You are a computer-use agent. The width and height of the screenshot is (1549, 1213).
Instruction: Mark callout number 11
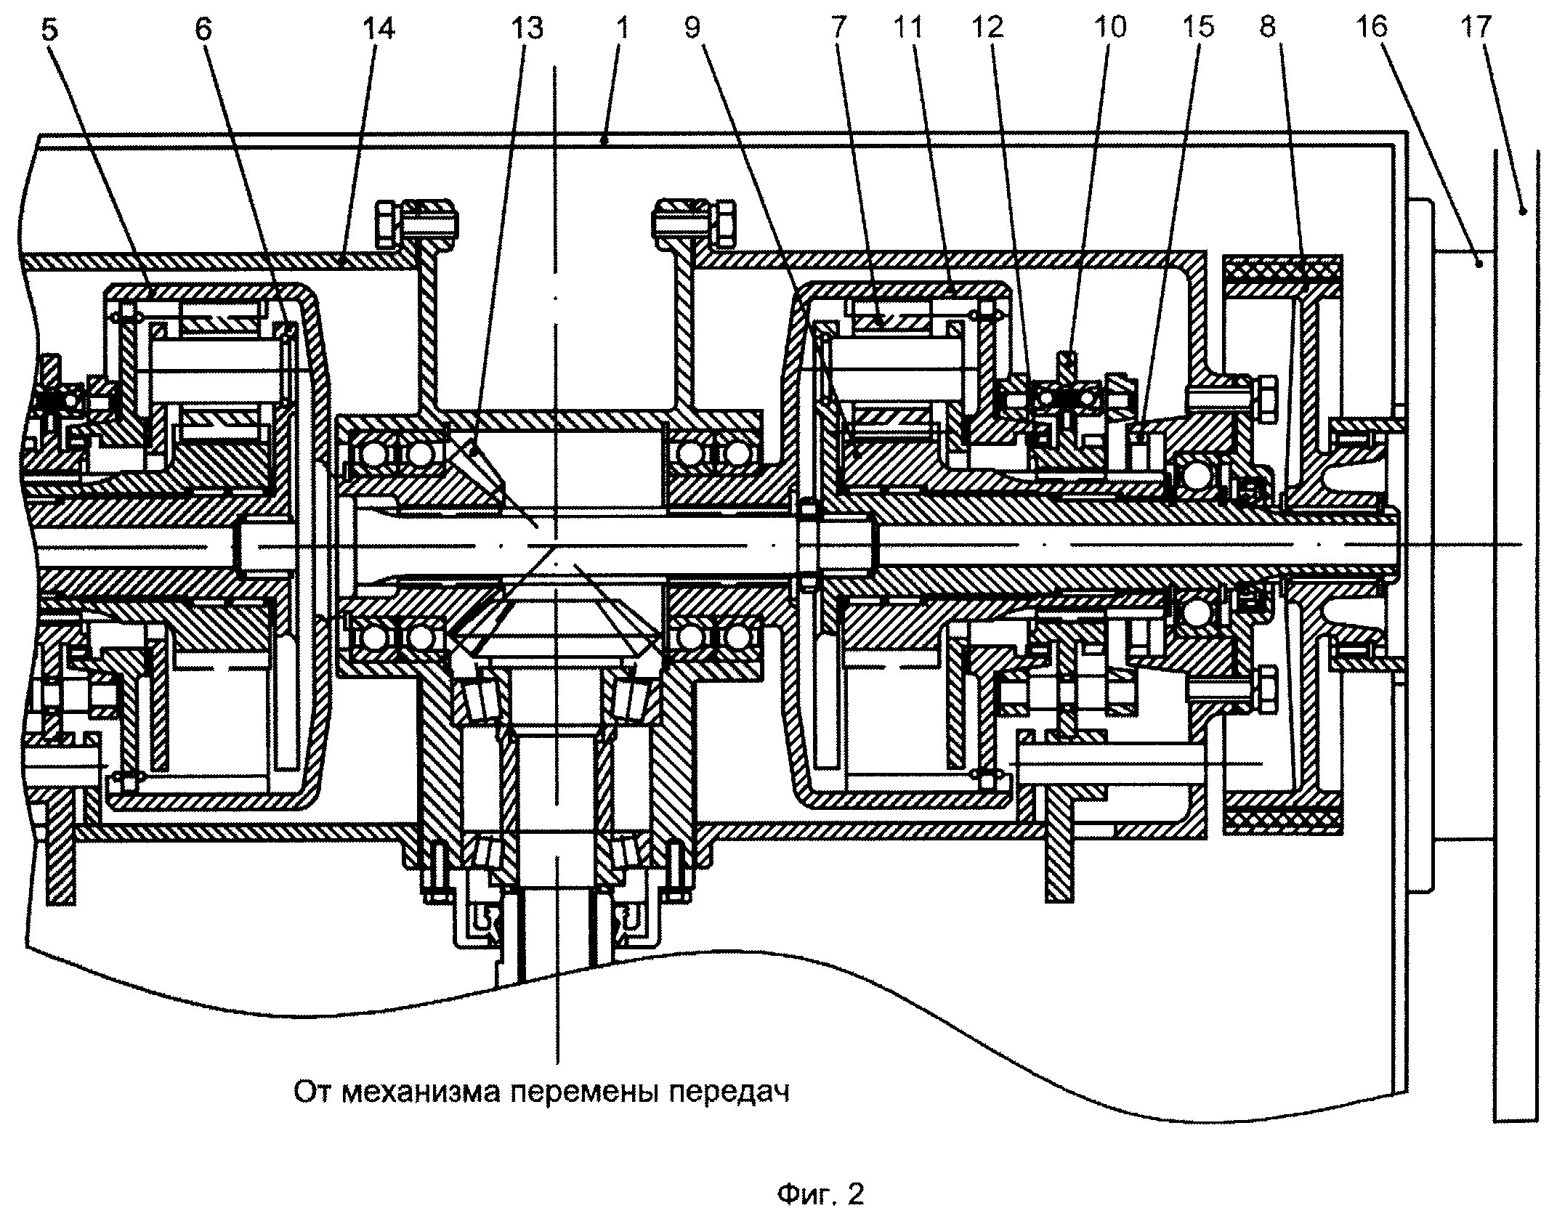(907, 28)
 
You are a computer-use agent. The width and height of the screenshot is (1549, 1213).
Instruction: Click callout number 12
(986, 28)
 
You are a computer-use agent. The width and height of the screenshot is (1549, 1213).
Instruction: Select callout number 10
(1109, 28)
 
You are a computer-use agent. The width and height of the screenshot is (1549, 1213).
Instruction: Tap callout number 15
(1197, 28)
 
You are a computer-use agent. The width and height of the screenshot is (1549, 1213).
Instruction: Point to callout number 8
(1268, 28)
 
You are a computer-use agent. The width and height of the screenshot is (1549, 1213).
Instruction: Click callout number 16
(1371, 28)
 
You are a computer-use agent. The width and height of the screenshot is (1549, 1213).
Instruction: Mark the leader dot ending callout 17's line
(1523, 211)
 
